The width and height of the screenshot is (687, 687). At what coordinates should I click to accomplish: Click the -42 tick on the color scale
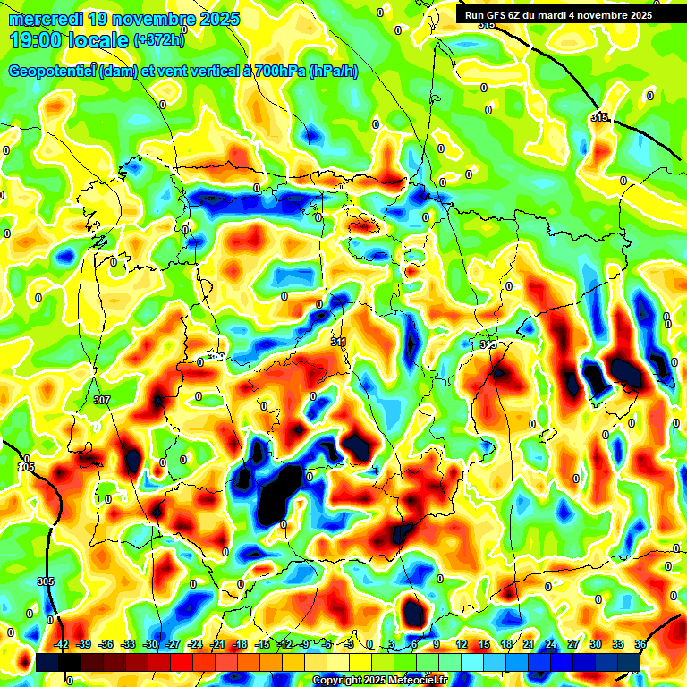(62, 644)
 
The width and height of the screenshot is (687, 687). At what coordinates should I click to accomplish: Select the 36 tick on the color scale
(640, 644)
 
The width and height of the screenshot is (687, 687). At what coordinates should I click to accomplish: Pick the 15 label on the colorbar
(484, 644)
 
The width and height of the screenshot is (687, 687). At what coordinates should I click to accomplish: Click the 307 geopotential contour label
(101, 400)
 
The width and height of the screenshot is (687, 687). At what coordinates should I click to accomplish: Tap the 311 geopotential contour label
(338, 342)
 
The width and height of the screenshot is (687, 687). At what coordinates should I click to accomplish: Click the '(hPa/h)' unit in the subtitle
(333, 72)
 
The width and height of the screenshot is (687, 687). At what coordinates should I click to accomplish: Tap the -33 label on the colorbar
(128, 644)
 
